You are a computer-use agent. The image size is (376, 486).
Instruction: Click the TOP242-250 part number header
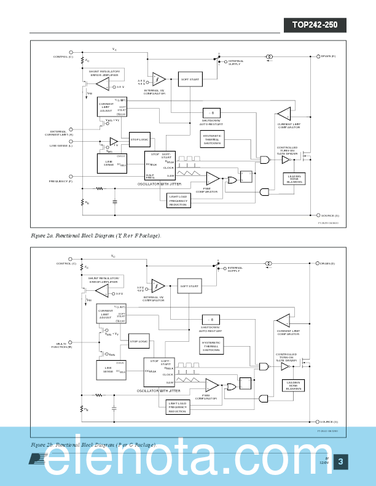pyautogui.click(x=315, y=26)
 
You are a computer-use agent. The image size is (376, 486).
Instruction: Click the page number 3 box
pyautogui.click(x=341, y=462)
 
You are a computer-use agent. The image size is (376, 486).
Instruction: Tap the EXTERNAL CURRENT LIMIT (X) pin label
pyautogui.click(x=59, y=133)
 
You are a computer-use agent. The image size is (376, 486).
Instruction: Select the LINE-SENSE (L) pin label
pyautogui.click(x=61, y=145)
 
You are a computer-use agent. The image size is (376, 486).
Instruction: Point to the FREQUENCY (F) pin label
pyautogui.click(x=61, y=182)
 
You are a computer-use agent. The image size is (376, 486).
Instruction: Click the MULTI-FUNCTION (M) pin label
pyautogui.click(x=61, y=345)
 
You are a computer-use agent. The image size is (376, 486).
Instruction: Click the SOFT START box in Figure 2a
pyautogui.click(x=189, y=79)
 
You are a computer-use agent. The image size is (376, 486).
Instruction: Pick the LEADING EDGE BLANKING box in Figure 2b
pyautogui.click(x=293, y=385)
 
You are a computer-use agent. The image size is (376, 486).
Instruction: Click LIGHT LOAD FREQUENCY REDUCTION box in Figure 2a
pyautogui.click(x=179, y=200)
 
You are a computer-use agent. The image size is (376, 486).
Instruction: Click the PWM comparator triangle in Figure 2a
pyautogui.click(x=212, y=179)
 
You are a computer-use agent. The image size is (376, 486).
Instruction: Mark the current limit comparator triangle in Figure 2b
pyautogui.click(x=283, y=320)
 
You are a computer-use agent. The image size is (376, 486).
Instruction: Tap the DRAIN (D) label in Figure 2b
pyautogui.click(x=327, y=263)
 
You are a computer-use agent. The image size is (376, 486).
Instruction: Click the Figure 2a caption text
pyautogui.click(x=96, y=236)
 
